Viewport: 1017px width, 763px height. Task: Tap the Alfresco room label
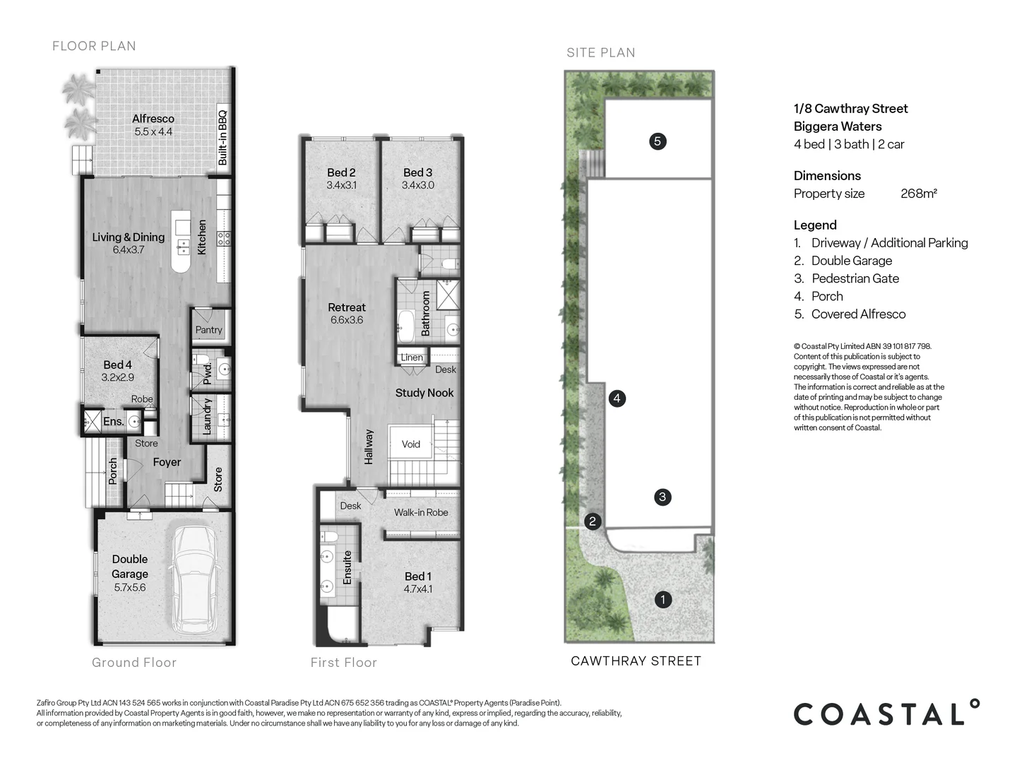click(153, 125)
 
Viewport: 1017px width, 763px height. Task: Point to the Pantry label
click(208, 330)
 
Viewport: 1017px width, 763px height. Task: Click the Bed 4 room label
click(117, 371)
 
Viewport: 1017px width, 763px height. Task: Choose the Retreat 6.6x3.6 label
click(346, 313)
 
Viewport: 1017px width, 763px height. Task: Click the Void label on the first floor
click(410, 444)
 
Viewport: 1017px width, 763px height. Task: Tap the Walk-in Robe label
click(421, 512)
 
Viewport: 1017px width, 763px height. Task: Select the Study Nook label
click(424, 393)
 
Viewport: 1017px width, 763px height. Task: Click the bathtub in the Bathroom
click(406, 323)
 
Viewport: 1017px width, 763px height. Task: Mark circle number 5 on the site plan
click(657, 141)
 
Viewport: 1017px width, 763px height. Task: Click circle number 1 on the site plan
click(662, 600)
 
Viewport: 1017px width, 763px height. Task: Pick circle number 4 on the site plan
click(617, 398)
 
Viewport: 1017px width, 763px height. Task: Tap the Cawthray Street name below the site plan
click(636, 661)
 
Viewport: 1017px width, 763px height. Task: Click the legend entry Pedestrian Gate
click(855, 278)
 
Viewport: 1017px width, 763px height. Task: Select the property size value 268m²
click(918, 194)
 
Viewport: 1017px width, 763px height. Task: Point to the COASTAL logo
click(886, 714)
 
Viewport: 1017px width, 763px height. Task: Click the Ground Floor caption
click(134, 663)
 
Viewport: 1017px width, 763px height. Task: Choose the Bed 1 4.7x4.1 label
click(418, 582)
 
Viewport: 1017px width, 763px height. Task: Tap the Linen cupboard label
click(412, 357)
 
